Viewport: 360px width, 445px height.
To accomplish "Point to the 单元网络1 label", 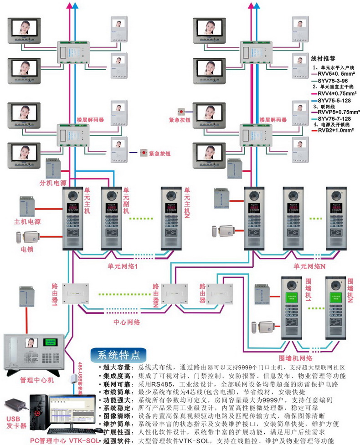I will [x=123, y=266].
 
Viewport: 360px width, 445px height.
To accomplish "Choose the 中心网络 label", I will [x=126, y=322].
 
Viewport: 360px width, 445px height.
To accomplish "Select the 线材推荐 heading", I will [x=323, y=59].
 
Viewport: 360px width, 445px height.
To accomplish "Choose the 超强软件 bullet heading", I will [x=116, y=440].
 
